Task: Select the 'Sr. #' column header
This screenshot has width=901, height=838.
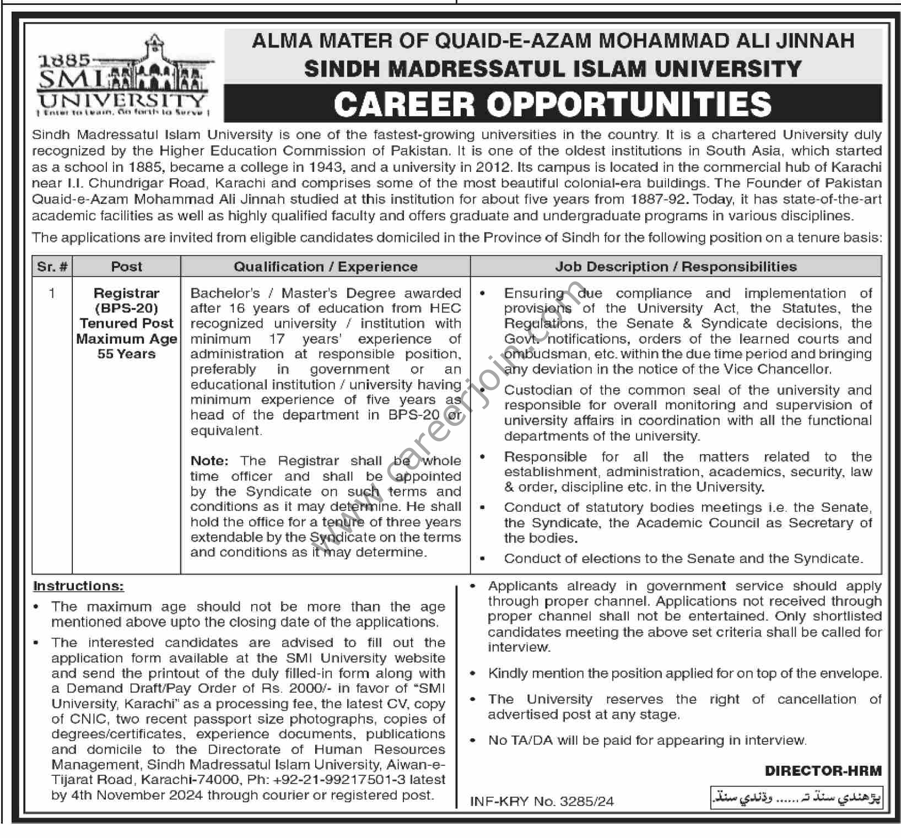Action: pyautogui.click(x=52, y=267)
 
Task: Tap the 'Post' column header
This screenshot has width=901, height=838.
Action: pyautogui.click(x=126, y=267)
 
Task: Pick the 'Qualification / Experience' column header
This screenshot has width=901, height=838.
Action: pyautogui.click(x=326, y=267)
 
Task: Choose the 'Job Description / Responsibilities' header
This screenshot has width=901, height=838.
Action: pyautogui.click(x=676, y=267)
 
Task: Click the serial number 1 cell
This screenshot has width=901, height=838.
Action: pyautogui.click(x=52, y=293)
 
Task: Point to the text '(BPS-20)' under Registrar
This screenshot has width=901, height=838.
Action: pyautogui.click(x=126, y=309)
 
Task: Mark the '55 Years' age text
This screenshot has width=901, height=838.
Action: pyautogui.click(x=126, y=354)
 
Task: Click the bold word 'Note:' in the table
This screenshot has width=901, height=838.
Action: pyautogui.click(x=209, y=461)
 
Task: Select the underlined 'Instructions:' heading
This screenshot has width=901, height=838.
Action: pyautogui.click(x=78, y=586)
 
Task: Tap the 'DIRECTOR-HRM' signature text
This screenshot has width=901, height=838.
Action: pyautogui.click(x=823, y=771)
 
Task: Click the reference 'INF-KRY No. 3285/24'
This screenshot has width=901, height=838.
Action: pyautogui.click(x=542, y=801)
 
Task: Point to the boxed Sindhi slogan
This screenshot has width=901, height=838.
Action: pyautogui.click(x=797, y=797)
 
